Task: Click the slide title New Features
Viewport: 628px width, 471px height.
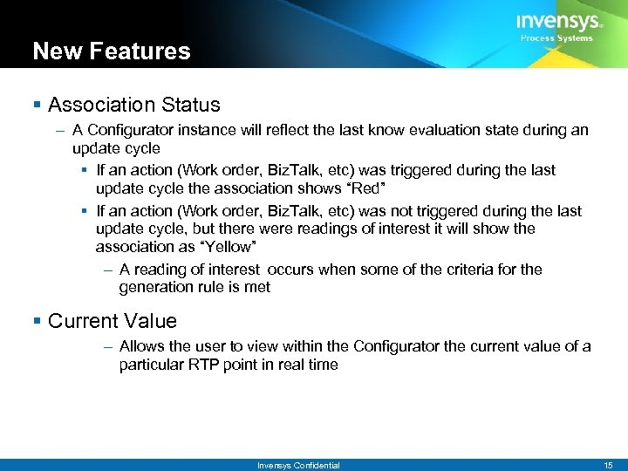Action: click(x=111, y=51)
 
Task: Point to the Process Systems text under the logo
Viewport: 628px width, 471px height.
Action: click(x=556, y=38)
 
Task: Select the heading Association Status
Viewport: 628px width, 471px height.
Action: click(x=134, y=105)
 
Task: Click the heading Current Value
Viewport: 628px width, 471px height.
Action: click(x=113, y=321)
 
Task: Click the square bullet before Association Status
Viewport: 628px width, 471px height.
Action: click(x=37, y=106)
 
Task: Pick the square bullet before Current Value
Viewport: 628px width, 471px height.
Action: click(x=37, y=322)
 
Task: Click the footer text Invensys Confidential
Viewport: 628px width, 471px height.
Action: click(x=298, y=466)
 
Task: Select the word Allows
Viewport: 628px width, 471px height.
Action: click(x=141, y=346)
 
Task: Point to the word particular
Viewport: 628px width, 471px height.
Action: click(x=151, y=365)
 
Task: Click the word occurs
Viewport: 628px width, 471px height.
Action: click(x=290, y=270)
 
